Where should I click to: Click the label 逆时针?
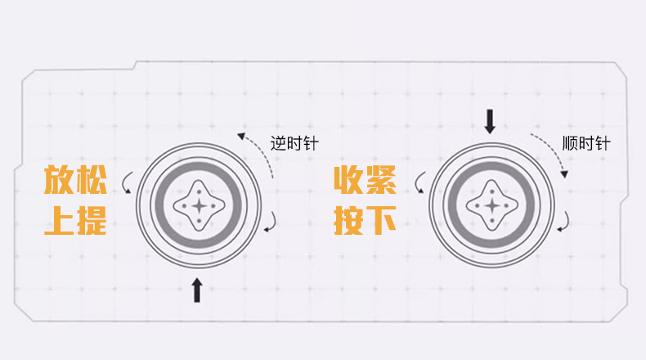[x=294, y=143]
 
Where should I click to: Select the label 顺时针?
[x=586, y=143]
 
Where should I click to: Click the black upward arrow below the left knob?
[x=197, y=290]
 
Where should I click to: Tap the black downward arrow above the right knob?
[x=490, y=121]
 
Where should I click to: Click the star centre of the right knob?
[x=491, y=205]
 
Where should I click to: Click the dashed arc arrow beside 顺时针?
[x=552, y=152]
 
